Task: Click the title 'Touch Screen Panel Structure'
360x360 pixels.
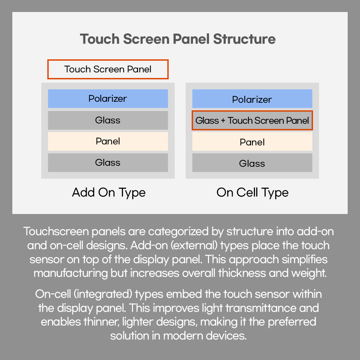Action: pyautogui.click(x=178, y=39)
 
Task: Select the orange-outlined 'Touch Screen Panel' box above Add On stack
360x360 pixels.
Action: pyautogui.click(x=108, y=69)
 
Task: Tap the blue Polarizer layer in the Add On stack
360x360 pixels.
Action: pyautogui.click(x=108, y=99)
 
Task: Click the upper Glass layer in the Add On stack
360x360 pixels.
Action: pyautogui.click(x=108, y=120)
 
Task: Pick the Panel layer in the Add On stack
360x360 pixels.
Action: pyautogui.click(x=108, y=141)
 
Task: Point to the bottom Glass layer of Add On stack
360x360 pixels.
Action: pyautogui.click(x=108, y=163)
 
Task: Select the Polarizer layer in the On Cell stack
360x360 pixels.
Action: pyautogui.click(x=252, y=99)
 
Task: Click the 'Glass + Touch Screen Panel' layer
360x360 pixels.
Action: pyautogui.click(x=252, y=120)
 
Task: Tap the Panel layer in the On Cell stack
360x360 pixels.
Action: pyautogui.click(x=252, y=142)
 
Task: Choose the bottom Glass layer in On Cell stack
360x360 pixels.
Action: pyautogui.click(x=252, y=163)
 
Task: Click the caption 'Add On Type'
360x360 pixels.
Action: pyautogui.click(x=109, y=193)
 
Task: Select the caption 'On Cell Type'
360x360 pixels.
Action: pyautogui.click(x=252, y=193)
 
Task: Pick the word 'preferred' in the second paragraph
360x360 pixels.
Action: pyautogui.click(x=292, y=322)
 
